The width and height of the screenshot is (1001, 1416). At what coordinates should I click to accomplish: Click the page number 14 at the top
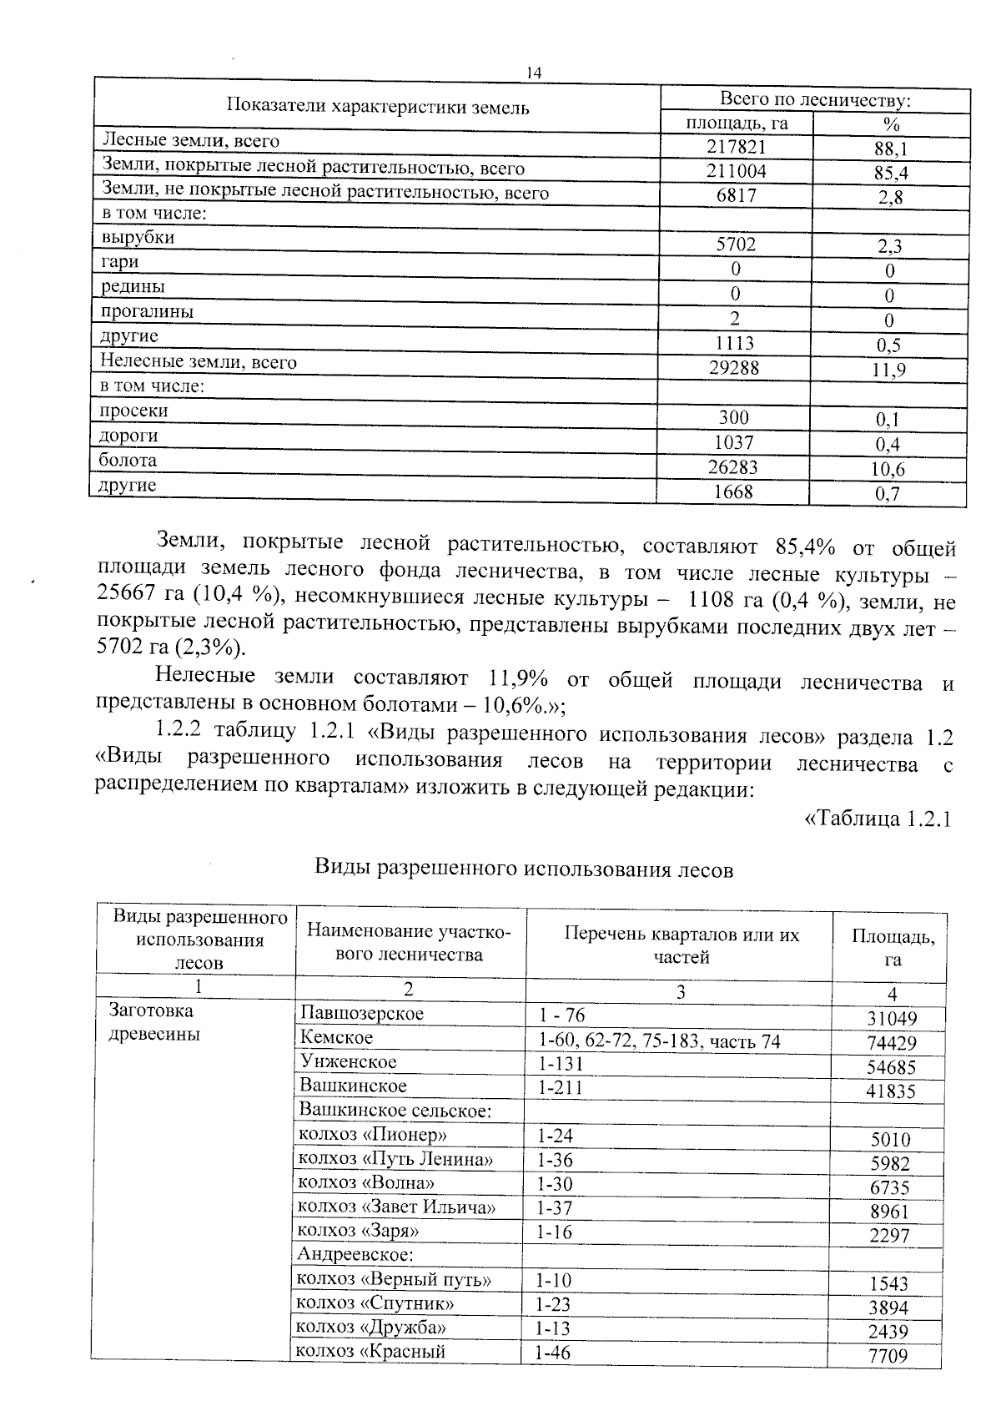[x=534, y=73]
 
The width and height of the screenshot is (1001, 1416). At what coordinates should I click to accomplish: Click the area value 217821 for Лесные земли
[x=736, y=147]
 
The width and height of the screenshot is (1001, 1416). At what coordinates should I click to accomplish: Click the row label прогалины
[x=147, y=312]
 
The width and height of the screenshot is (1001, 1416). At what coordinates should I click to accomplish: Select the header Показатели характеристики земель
[x=378, y=108]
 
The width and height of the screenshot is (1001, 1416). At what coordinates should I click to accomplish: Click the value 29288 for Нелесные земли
[x=734, y=367]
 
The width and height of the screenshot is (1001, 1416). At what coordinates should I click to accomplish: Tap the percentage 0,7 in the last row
[x=888, y=494]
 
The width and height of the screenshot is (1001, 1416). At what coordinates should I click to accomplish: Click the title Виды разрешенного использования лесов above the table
[x=523, y=869]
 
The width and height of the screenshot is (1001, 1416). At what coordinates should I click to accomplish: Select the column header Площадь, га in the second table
[x=893, y=947]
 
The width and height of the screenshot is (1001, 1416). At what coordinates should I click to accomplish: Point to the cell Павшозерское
[x=361, y=1014]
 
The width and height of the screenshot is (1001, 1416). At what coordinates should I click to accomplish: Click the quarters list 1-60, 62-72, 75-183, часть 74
[x=659, y=1041]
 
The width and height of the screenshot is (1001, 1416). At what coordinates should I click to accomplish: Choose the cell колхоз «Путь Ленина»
[x=395, y=1159]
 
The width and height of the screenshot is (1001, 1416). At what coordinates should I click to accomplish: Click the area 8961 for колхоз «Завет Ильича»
[x=888, y=1212]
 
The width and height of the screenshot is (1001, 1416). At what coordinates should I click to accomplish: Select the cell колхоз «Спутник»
[x=376, y=1303]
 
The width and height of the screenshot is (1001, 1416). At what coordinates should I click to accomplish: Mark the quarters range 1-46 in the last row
[x=554, y=1353]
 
